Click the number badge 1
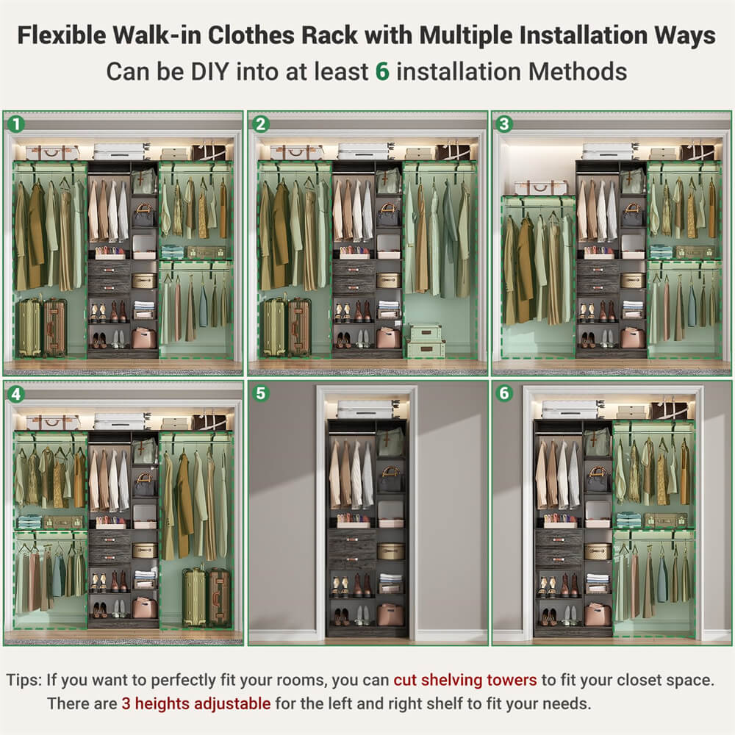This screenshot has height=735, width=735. [15, 124]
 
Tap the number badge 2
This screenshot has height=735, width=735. [260, 124]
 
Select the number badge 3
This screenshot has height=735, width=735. [504, 124]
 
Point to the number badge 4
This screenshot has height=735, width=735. [15, 394]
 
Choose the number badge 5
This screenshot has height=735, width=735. [260, 394]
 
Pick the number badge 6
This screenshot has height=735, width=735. [504, 394]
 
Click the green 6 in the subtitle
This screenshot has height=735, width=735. [381, 71]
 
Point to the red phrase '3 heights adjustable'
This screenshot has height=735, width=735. [196, 703]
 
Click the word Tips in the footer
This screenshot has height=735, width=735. [24, 679]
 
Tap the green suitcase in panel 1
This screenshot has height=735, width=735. [29, 328]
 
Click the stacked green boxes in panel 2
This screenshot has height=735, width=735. [426, 341]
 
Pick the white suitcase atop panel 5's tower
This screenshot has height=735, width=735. [365, 409]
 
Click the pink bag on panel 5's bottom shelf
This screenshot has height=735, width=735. [390, 614]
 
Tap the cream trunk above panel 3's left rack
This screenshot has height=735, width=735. [540, 187]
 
